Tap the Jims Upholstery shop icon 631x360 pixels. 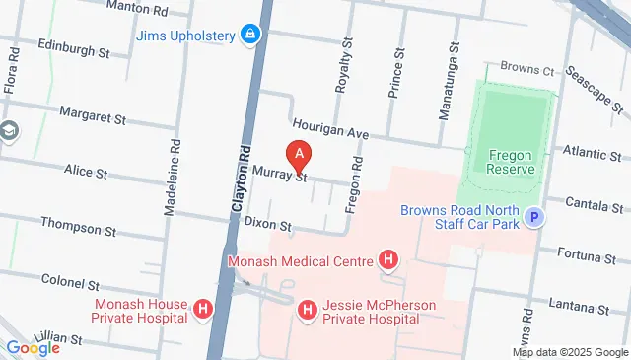[250, 36]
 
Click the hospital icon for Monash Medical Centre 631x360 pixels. [388, 261]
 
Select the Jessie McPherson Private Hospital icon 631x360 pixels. [308, 311]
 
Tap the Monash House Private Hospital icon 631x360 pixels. [203, 311]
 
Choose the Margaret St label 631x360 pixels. [93, 114]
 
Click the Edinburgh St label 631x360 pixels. [72, 48]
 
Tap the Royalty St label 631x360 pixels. [343, 67]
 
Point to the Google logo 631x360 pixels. [33, 347]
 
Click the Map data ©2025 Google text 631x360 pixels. [570, 352]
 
